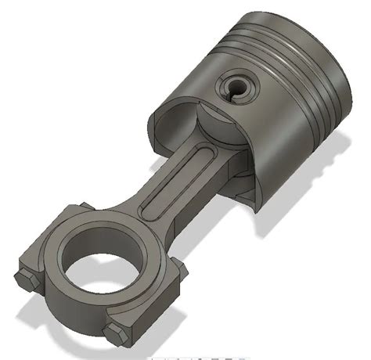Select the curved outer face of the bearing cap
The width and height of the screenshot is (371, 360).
[x=70, y=313]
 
